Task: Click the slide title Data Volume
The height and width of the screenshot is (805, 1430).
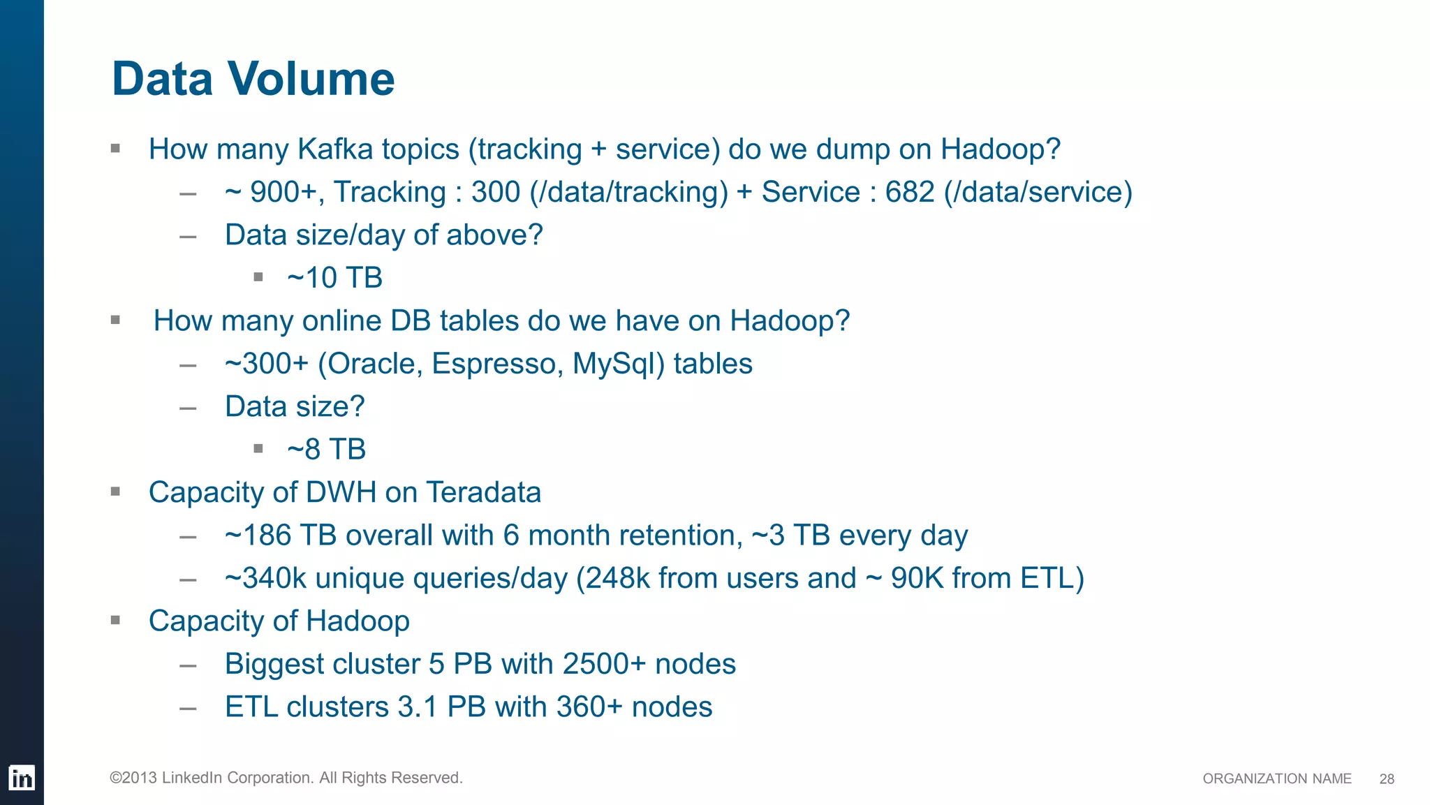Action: click(x=253, y=78)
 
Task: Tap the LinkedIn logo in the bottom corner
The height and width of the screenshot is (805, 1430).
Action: click(x=21, y=778)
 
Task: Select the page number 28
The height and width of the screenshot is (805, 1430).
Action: click(x=1387, y=779)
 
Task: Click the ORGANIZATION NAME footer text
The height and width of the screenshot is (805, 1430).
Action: click(x=1276, y=779)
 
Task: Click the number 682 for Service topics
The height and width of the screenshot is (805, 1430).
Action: click(x=910, y=192)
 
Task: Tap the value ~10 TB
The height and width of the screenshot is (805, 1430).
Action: click(x=334, y=278)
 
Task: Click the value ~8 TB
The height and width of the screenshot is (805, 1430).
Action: click(x=326, y=450)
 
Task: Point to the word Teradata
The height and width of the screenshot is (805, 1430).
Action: click(x=483, y=492)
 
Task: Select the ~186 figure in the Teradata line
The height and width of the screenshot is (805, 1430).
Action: click(x=258, y=536)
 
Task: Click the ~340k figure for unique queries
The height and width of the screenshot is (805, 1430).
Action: click(x=265, y=578)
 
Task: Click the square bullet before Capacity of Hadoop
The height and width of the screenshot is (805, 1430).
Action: click(x=116, y=620)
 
